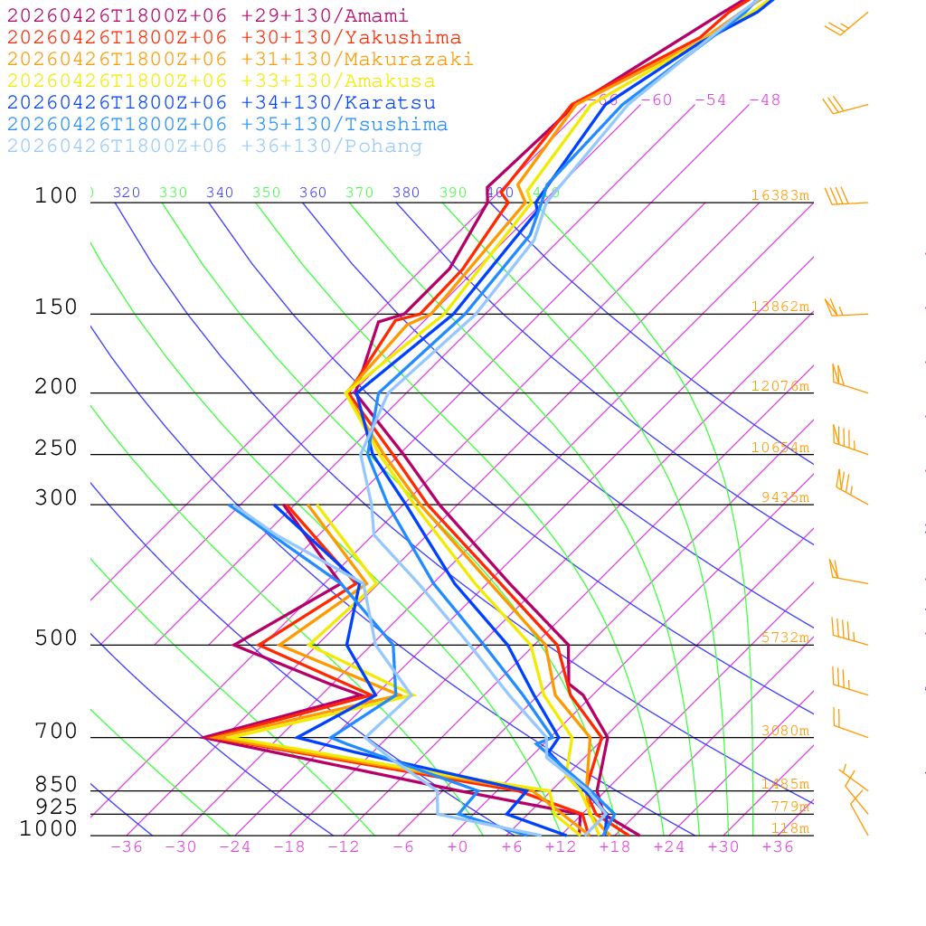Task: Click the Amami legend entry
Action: [208, 16]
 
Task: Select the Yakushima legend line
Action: [234, 38]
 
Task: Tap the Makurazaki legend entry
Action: [241, 60]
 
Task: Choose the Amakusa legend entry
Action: [222, 81]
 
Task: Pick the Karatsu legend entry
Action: [222, 103]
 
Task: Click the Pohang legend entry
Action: [215, 146]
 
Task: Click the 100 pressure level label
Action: [56, 196]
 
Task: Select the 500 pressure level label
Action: [56, 638]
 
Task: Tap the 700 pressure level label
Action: [56, 732]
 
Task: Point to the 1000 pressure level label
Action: [49, 829]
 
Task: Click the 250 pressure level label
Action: [56, 449]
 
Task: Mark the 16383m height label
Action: [780, 195]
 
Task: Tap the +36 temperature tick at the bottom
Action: [778, 847]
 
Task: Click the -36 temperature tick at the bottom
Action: [127, 847]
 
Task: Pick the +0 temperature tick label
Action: [458, 847]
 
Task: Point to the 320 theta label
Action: [127, 193]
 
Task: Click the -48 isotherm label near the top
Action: [764, 100]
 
